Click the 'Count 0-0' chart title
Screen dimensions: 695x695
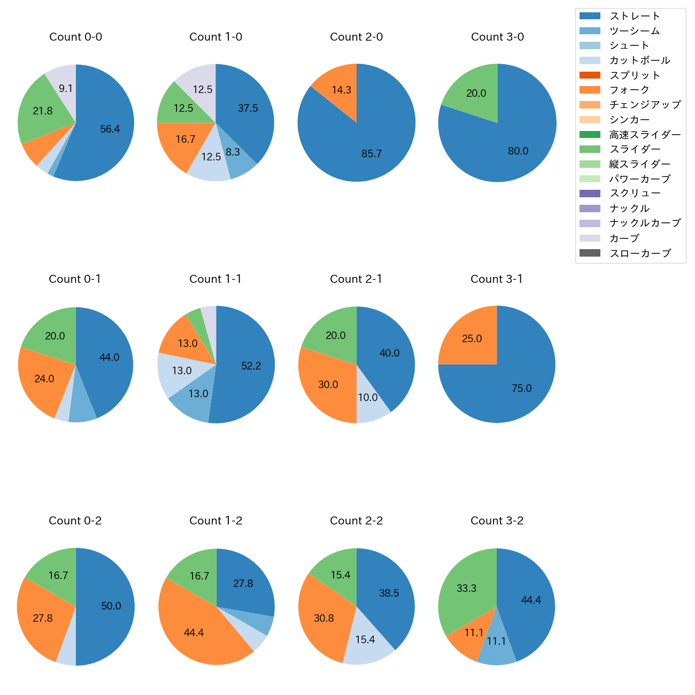(76, 37)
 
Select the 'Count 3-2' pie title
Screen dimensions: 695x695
(497, 521)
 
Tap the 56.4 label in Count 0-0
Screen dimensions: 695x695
(110, 129)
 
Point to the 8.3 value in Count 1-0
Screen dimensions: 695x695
(233, 152)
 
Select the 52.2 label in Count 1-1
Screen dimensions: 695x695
(251, 366)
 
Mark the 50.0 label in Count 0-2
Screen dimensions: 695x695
(111, 606)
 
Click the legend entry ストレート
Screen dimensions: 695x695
(635, 16)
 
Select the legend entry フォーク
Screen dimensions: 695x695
(629, 90)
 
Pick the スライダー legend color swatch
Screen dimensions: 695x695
(590, 149)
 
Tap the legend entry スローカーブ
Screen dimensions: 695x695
(640, 253)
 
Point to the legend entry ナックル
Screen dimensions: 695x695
(629, 208)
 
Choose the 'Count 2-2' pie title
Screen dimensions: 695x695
(356, 521)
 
